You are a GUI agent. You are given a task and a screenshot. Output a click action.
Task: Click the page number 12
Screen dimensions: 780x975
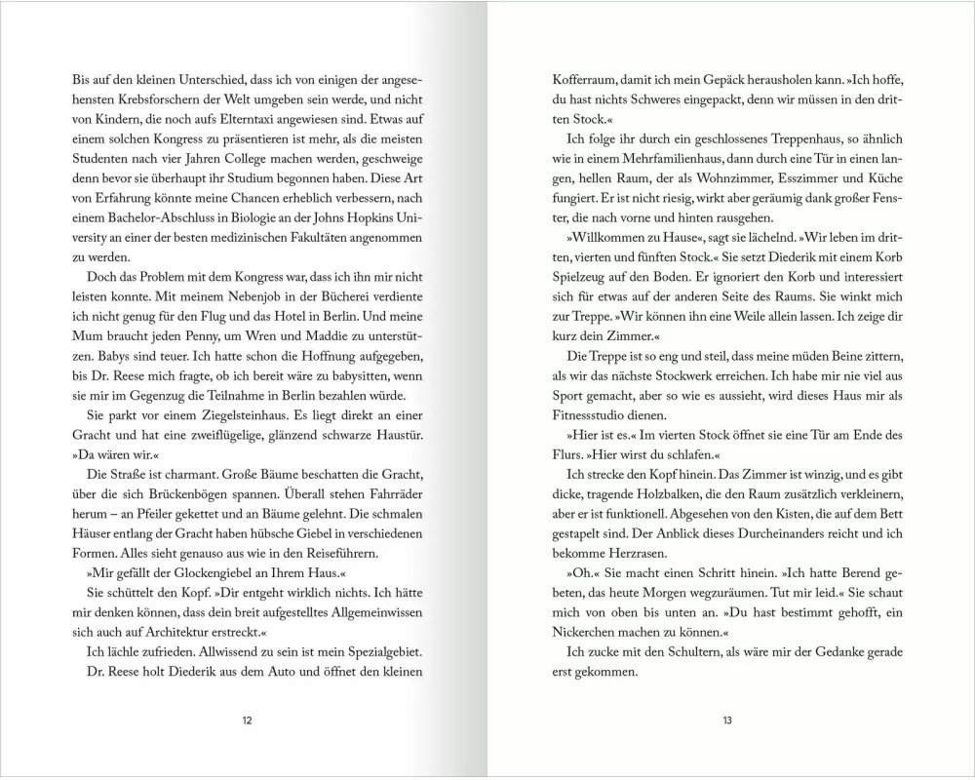[247, 721]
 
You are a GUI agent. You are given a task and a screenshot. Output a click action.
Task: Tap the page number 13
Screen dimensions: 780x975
[726, 721]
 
